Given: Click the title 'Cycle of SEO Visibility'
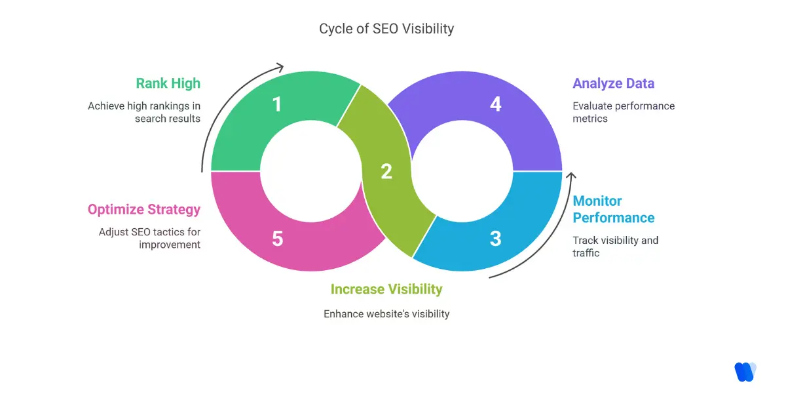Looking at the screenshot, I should pos(386,29).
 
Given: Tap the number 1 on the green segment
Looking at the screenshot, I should pos(277,104).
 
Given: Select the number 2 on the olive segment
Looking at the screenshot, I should pos(386,172).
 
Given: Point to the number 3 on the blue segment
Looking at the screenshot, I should pos(495,239).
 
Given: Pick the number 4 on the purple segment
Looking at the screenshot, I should pos(495,104).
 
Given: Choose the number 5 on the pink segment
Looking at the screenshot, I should pos(277,239).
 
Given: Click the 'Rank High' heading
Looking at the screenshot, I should pos(168,83).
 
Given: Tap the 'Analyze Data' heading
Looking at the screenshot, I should pos(613,83).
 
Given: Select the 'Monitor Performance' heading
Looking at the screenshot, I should pos(613,209).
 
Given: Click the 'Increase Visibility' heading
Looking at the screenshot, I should pos(386,289).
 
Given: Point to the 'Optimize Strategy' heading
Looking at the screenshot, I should pos(144,210).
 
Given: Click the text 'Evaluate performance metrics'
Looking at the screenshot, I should pos(623,112).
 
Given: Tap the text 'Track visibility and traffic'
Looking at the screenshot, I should pos(615,246).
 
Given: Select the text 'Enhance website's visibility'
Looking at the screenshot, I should pos(386,314).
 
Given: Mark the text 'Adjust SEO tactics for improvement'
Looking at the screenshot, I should pos(149,238).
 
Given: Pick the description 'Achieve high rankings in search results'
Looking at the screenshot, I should pos(144,112).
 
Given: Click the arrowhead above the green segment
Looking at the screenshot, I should pos(280,66).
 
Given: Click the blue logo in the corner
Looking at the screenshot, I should pos(745,372).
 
